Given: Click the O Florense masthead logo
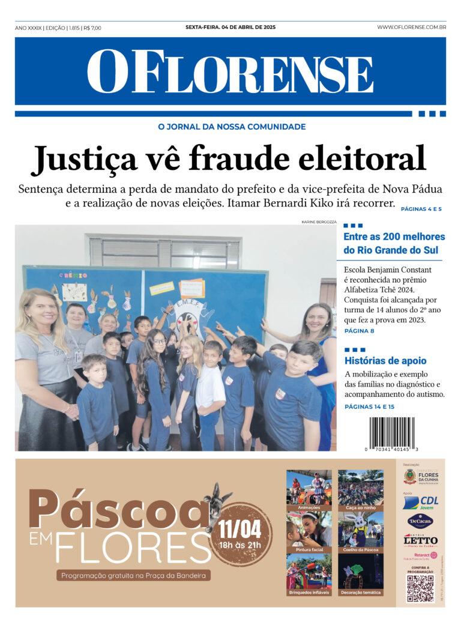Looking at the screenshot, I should pyautogui.click(x=230, y=71).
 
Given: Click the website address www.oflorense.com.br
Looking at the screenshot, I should pyautogui.click(x=411, y=27).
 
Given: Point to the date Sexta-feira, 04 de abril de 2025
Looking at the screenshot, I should pyautogui.click(x=230, y=27).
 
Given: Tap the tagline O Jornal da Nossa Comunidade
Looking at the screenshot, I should pyautogui.click(x=231, y=127).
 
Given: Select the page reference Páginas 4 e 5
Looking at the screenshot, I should pyautogui.click(x=421, y=209).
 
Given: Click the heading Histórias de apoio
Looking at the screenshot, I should pyautogui.click(x=385, y=361).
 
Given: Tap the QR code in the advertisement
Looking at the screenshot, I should pyautogui.click(x=420, y=588).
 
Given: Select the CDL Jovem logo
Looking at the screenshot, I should pyautogui.click(x=420, y=503).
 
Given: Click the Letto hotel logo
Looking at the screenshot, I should pyautogui.click(x=420, y=540).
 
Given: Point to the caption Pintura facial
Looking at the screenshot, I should pyautogui.click(x=309, y=549).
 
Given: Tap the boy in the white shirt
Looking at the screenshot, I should pyautogui.click(x=211, y=390).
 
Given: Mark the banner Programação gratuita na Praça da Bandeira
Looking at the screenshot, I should pyautogui.click(x=134, y=576).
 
